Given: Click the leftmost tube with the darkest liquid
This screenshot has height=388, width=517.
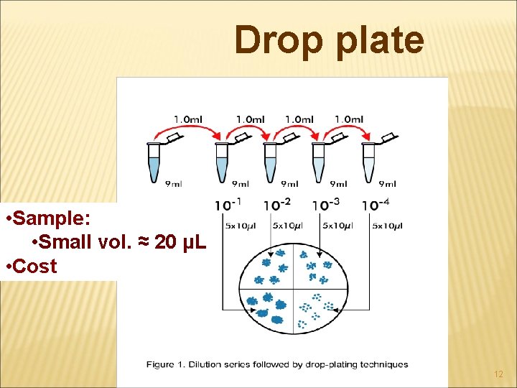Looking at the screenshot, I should pos(154,163).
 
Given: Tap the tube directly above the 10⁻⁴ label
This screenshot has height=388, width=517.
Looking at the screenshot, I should pos(369,163).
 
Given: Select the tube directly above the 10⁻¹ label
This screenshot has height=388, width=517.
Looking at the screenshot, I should pos(222,163).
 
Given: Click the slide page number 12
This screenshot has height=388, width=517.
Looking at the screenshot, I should pos(499,375).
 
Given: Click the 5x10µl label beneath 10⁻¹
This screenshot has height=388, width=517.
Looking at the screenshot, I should pos(240,226).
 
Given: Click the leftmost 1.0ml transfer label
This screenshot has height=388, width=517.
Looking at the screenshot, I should pos(188,119).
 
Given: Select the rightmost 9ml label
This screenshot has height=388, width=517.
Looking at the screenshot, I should pos(386,185).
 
